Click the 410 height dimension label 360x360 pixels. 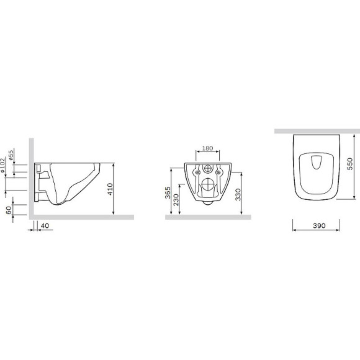pos(110,189)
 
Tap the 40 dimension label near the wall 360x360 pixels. pos(45,226)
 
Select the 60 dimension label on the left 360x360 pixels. pos(9,210)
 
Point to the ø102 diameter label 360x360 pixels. pos(2,165)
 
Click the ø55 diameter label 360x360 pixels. pos(11,155)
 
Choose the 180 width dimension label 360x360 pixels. pos(207,148)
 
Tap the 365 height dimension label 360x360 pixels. pos(168,192)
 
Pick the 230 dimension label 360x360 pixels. pos(176,200)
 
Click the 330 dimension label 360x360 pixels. pos(238,194)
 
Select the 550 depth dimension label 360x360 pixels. pos(350,164)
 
